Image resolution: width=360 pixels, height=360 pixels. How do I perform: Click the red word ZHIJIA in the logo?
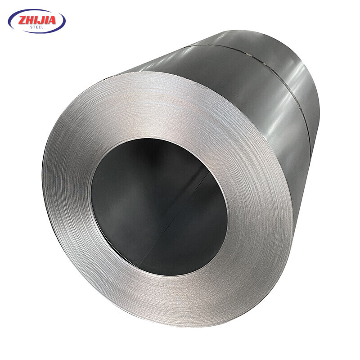pyautogui.click(x=37, y=20)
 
